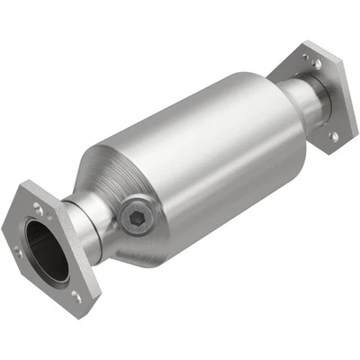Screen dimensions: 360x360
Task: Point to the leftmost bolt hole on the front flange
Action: [20, 253]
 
